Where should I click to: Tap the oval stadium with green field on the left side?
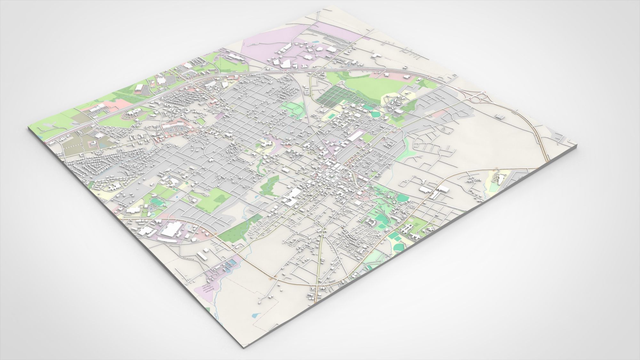(156, 202)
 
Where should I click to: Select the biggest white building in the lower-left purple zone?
(172, 229)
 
